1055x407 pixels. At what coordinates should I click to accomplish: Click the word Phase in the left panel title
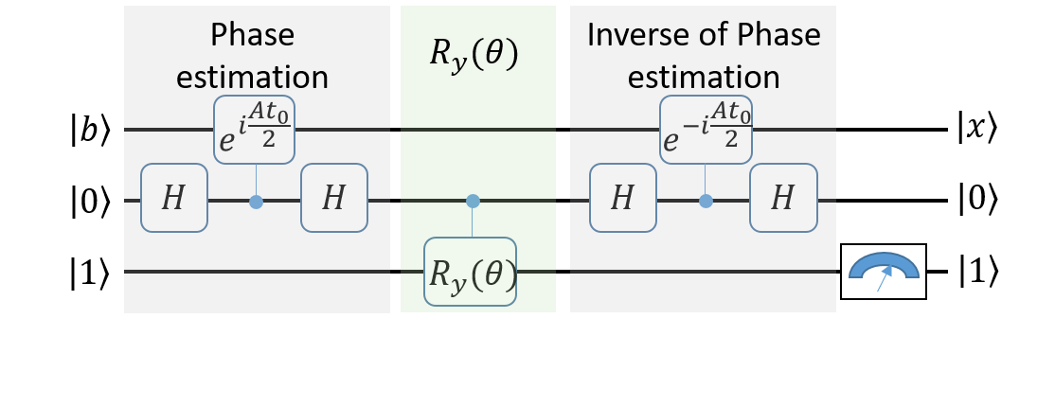(x=252, y=35)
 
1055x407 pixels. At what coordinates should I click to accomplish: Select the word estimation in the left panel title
(x=252, y=77)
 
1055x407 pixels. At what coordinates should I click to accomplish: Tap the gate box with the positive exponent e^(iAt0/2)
(x=255, y=130)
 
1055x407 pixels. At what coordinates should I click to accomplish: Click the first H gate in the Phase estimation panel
(x=174, y=198)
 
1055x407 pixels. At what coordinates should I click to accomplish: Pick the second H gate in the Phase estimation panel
(x=334, y=198)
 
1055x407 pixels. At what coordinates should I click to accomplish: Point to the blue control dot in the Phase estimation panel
(x=256, y=202)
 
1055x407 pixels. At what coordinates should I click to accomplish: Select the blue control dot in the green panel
(x=473, y=201)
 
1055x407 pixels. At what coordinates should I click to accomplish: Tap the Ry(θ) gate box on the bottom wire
(x=471, y=272)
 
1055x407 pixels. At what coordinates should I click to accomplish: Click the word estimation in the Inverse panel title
(x=704, y=77)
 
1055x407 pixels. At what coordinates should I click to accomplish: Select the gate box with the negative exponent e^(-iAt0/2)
(x=706, y=130)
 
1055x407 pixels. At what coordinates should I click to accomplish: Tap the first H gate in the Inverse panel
(x=622, y=198)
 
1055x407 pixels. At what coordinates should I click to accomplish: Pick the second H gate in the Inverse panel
(x=782, y=198)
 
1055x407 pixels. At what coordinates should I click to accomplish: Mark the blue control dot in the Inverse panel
(x=706, y=202)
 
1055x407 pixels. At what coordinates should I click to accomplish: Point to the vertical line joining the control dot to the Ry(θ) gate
(x=473, y=222)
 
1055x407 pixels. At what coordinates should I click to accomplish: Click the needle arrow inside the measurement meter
(x=883, y=280)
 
